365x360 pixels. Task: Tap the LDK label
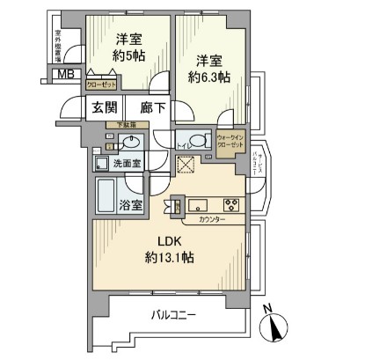170,240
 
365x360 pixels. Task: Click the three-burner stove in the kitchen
231,204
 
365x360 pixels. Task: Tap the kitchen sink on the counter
195,205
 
